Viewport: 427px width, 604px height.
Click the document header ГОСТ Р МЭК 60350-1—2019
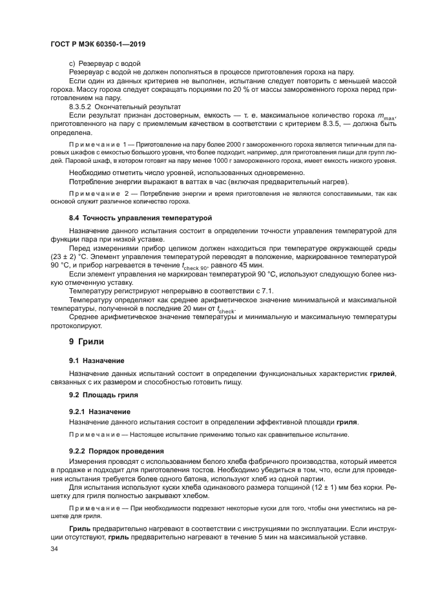point(98,42)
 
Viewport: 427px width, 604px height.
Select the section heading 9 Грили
point(86,340)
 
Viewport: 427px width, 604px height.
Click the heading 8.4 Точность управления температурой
point(140,219)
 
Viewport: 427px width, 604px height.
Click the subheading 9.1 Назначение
point(97,360)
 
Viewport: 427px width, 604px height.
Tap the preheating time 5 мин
point(270,537)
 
